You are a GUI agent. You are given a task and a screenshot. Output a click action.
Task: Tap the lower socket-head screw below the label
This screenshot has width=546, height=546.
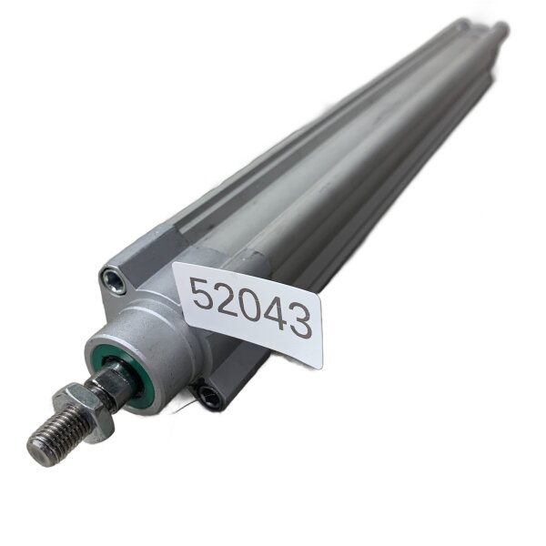click(207, 394)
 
